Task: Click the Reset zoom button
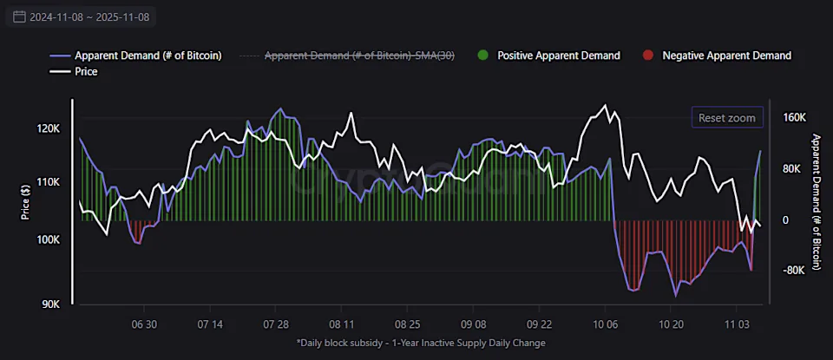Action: click(x=726, y=118)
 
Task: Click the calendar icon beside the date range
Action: click(x=19, y=16)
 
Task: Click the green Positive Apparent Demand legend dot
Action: click(x=482, y=56)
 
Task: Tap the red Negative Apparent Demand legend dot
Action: click(x=647, y=56)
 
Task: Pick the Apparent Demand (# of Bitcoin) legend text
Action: click(x=148, y=56)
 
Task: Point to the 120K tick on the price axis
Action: click(x=49, y=128)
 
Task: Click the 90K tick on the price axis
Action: click(x=50, y=304)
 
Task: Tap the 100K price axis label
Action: click(x=49, y=239)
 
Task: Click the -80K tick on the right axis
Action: click(x=795, y=270)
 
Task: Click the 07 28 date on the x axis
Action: click(x=275, y=324)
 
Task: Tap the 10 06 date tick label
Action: click(x=605, y=324)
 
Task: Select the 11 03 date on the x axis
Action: click(x=737, y=324)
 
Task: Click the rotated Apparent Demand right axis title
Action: click(x=816, y=201)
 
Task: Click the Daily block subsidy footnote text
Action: click(x=421, y=343)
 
